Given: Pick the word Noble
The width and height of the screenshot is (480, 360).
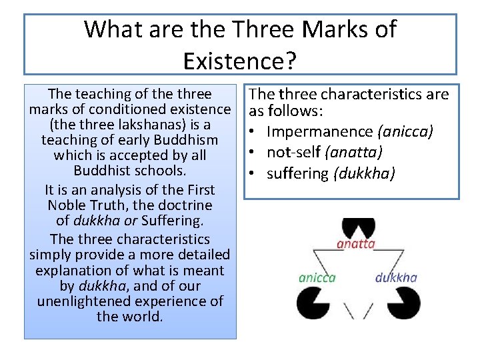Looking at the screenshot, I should point(67,205).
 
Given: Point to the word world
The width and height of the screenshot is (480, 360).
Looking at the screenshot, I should point(144,317).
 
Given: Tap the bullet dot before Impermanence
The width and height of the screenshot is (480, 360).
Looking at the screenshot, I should point(255,132).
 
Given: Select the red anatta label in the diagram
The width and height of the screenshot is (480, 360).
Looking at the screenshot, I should point(356,243).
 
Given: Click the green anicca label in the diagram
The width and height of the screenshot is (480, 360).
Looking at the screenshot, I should point(317,277).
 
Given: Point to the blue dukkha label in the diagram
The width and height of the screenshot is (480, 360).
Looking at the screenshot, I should point(396,277).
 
